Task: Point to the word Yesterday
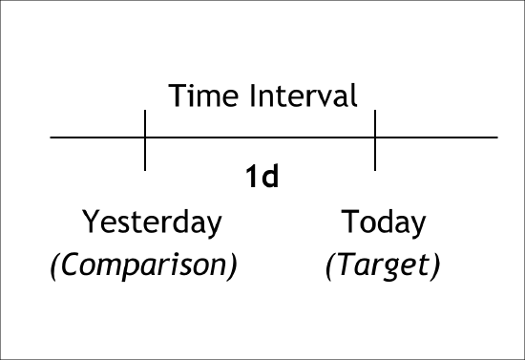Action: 152,222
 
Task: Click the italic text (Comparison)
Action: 143,265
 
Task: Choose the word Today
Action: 384,222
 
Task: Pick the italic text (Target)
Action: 383,265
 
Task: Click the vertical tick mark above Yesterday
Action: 145,139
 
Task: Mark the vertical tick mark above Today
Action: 375,139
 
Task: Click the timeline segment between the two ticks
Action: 260,138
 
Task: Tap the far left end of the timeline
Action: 52,138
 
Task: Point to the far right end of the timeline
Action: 495,138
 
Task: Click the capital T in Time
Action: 177,95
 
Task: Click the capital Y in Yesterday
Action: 90,222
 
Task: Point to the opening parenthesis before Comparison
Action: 54,265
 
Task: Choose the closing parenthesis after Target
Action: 435,265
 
